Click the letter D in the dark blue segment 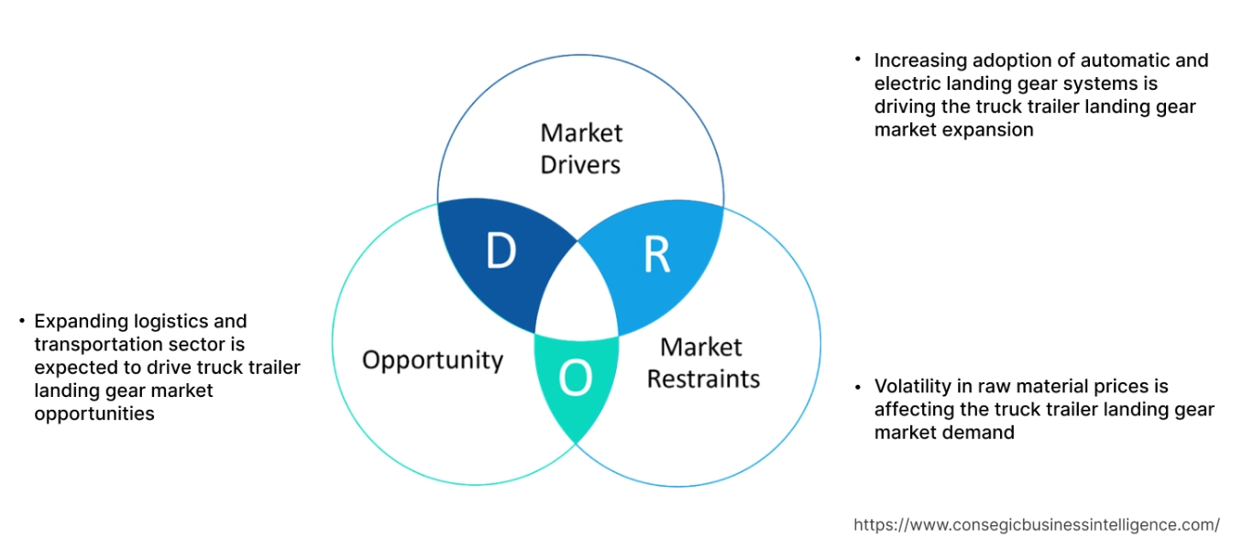point(500,252)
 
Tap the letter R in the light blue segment point(656,256)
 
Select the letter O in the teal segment point(575,379)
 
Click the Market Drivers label point(581,148)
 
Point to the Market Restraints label point(703,363)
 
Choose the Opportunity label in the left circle point(433,359)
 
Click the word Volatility point(912,387)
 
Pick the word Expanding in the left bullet point(77,322)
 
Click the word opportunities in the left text point(94,414)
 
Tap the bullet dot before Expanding point(20,321)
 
